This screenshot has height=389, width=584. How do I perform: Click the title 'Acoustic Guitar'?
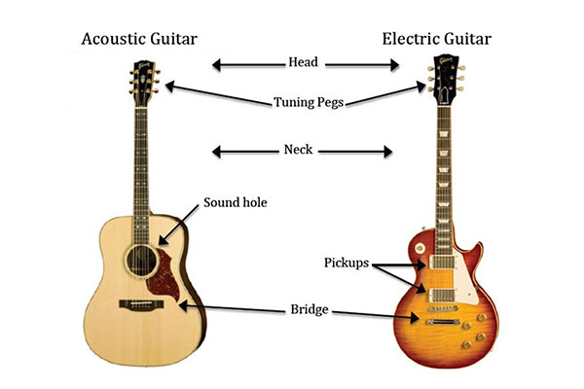pos(138,40)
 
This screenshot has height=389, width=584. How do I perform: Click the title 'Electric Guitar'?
pos(438,40)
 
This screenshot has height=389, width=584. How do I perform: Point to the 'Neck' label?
pos(302,152)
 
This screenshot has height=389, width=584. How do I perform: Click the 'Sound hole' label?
pos(235,203)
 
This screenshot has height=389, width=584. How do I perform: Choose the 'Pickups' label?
pos(344,264)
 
